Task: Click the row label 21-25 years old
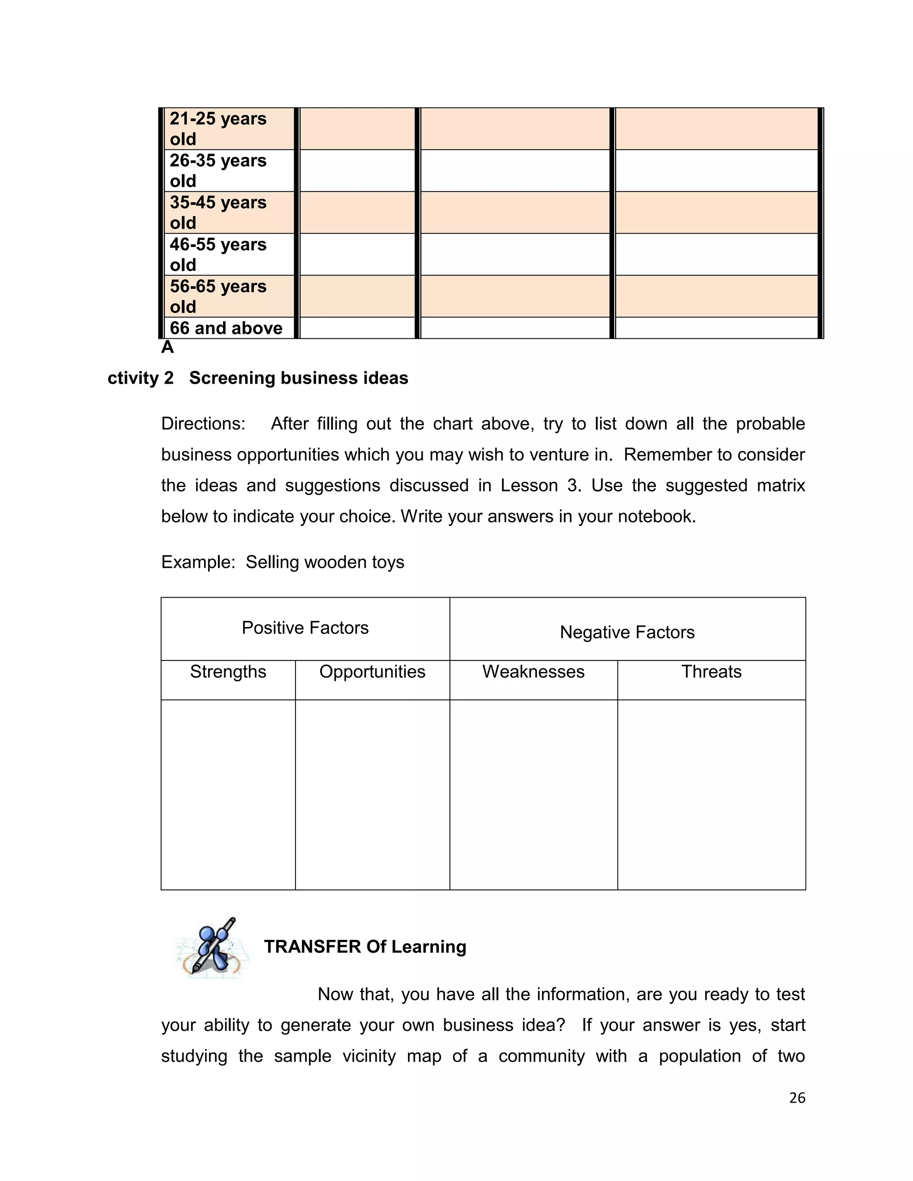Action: click(x=218, y=129)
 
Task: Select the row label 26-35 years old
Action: click(x=218, y=170)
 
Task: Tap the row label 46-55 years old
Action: click(x=218, y=254)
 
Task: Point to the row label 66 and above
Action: click(x=226, y=328)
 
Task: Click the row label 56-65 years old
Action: click(x=218, y=296)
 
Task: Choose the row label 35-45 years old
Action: click(x=218, y=213)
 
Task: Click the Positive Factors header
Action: click(x=305, y=628)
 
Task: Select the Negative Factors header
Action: click(x=627, y=632)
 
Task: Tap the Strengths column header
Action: click(x=228, y=672)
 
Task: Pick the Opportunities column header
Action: click(x=372, y=672)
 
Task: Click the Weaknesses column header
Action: click(x=533, y=672)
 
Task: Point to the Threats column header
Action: click(x=711, y=672)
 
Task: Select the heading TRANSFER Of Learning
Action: click(x=365, y=947)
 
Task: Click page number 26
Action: click(x=797, y=1098)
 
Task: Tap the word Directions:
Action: click(x=203, y=423)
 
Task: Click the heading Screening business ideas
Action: click(x=299, y=378)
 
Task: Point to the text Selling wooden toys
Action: click(x=325, y=562)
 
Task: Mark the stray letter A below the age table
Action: click(x=167, y=347)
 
